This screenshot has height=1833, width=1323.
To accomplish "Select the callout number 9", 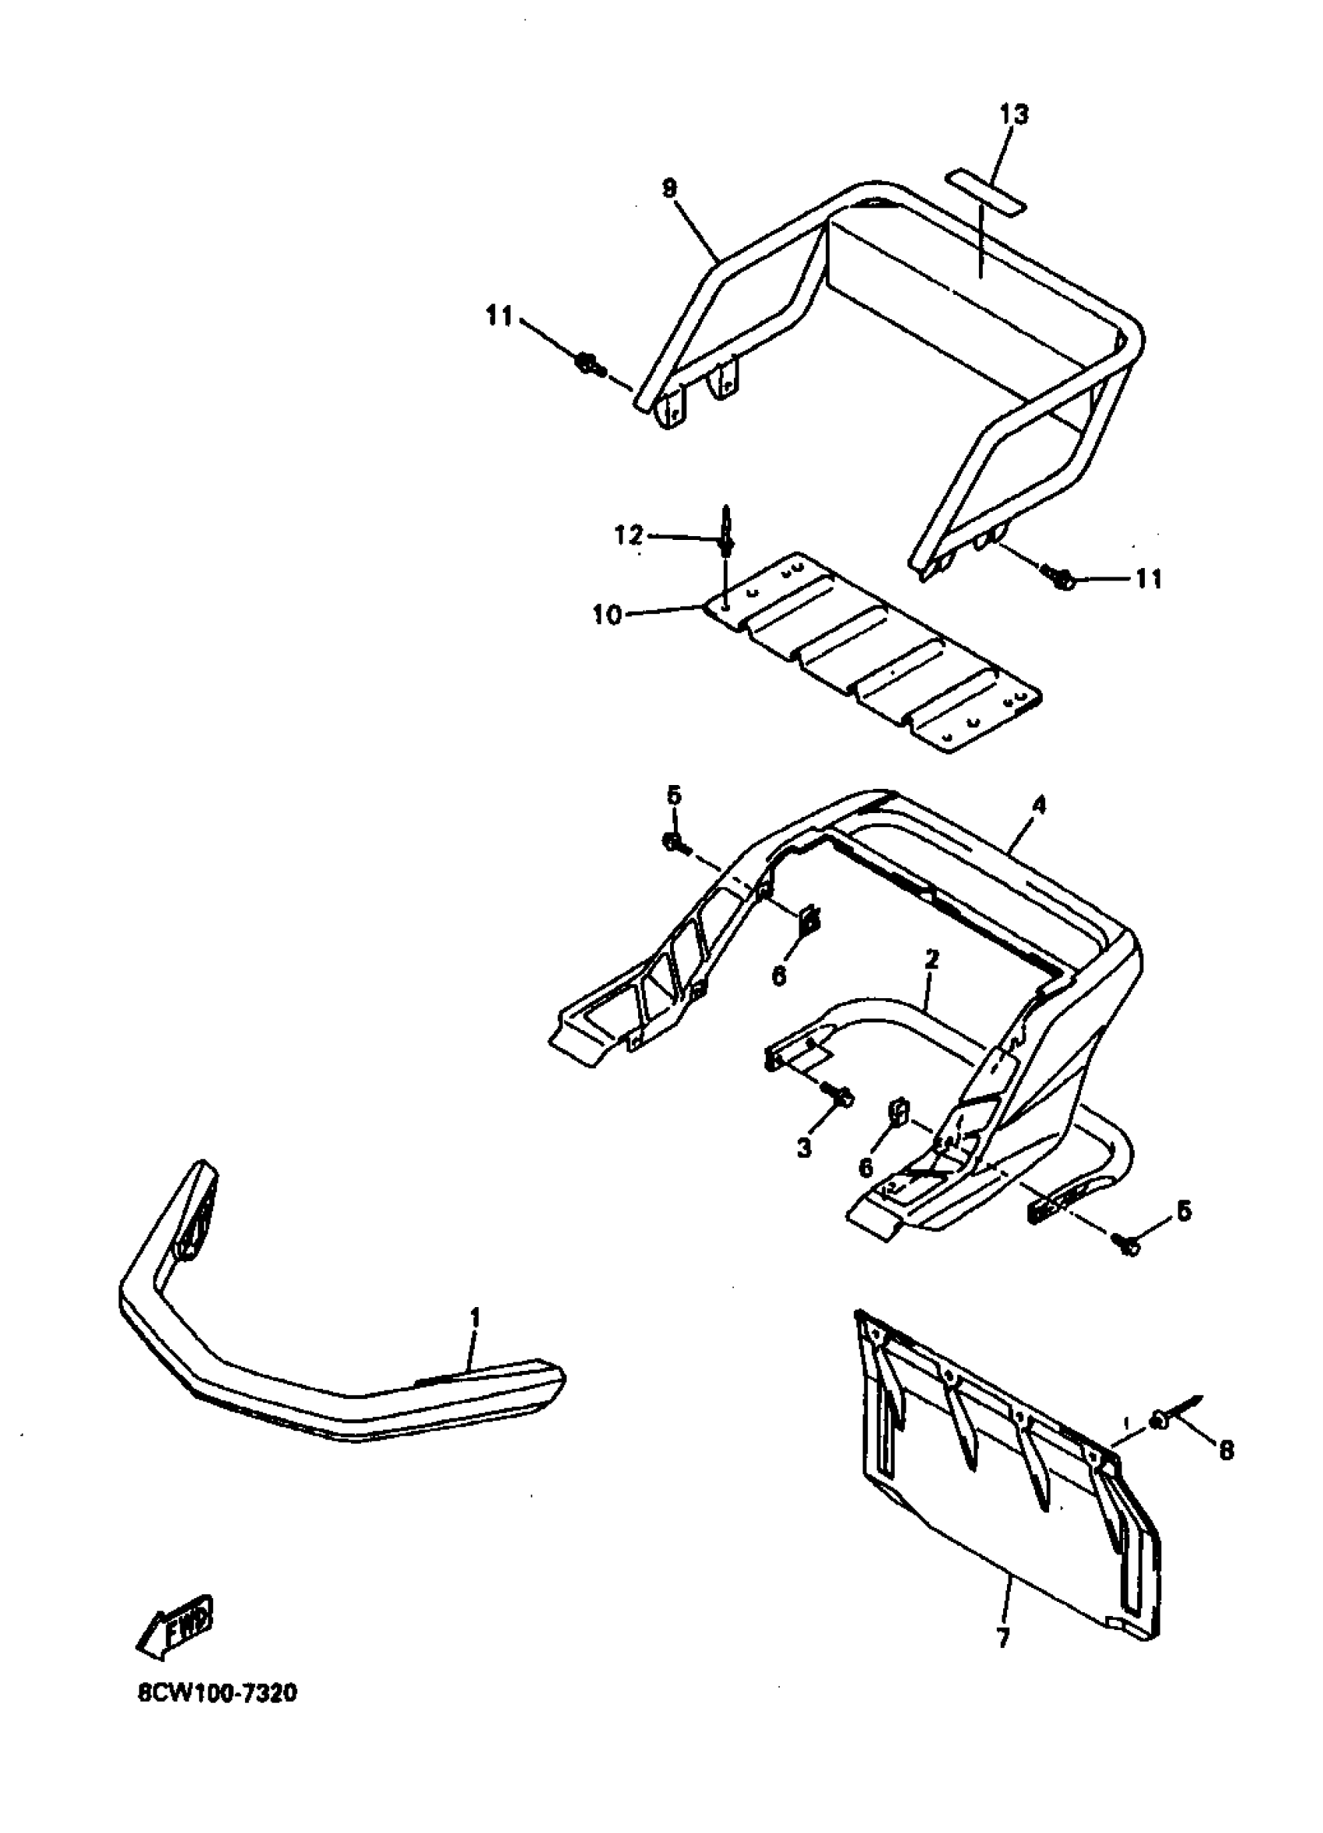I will [x=669, y=188].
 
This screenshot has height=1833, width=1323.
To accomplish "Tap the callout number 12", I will [x=629, y=535].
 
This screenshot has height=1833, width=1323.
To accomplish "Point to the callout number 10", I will [x=607, y=615].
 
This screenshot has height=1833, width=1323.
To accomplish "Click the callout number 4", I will [x=1038, y=805].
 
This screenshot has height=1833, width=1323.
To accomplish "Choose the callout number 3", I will [x=803, y=1148].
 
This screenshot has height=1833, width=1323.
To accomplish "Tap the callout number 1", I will [x=476, y=1318].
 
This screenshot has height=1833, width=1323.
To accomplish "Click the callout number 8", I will [x=1226, y=1451].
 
